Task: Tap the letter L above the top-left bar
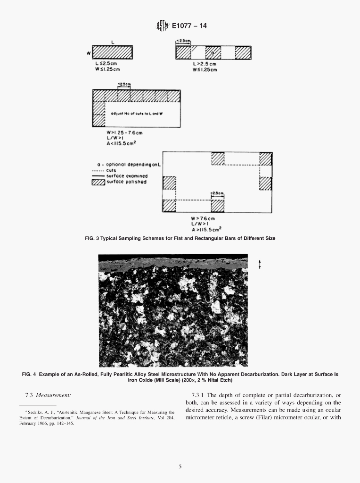click(112, 42)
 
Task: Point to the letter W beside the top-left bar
click(89, 53)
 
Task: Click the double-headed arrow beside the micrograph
click(260, 265)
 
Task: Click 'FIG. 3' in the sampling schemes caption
click(92, 239)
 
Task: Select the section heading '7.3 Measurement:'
click(48, 395)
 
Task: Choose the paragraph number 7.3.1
click(197, 395)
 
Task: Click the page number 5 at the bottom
click(180, 466)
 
